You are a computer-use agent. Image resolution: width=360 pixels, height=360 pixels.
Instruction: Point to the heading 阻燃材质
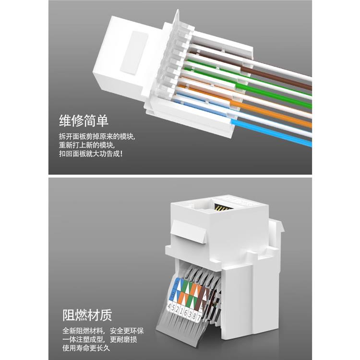tap(87, 315)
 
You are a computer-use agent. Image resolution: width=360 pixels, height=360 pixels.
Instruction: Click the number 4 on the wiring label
tap(169, 306)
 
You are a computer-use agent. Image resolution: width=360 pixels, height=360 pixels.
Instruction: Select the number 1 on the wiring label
tap(182, 309)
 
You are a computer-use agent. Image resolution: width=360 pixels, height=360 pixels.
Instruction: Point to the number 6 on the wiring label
tap(186, 310)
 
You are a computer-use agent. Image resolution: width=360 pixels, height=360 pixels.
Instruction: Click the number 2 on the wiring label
tap(178, 308)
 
